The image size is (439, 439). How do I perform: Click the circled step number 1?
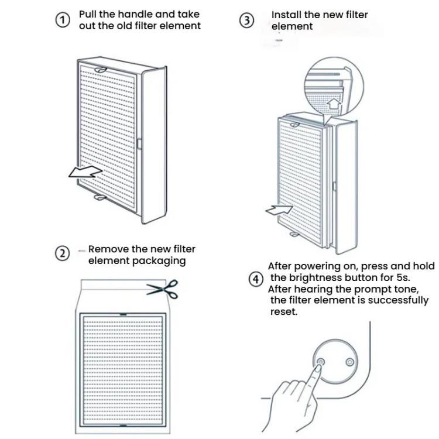click(62, 20)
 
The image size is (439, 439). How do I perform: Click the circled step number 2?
click(62, 253)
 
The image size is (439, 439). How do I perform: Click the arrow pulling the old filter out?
click(85, 172)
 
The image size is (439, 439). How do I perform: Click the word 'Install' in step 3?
click(286, 15)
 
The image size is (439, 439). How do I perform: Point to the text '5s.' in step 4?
click(408, 277)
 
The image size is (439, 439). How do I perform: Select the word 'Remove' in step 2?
click(108, 249)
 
